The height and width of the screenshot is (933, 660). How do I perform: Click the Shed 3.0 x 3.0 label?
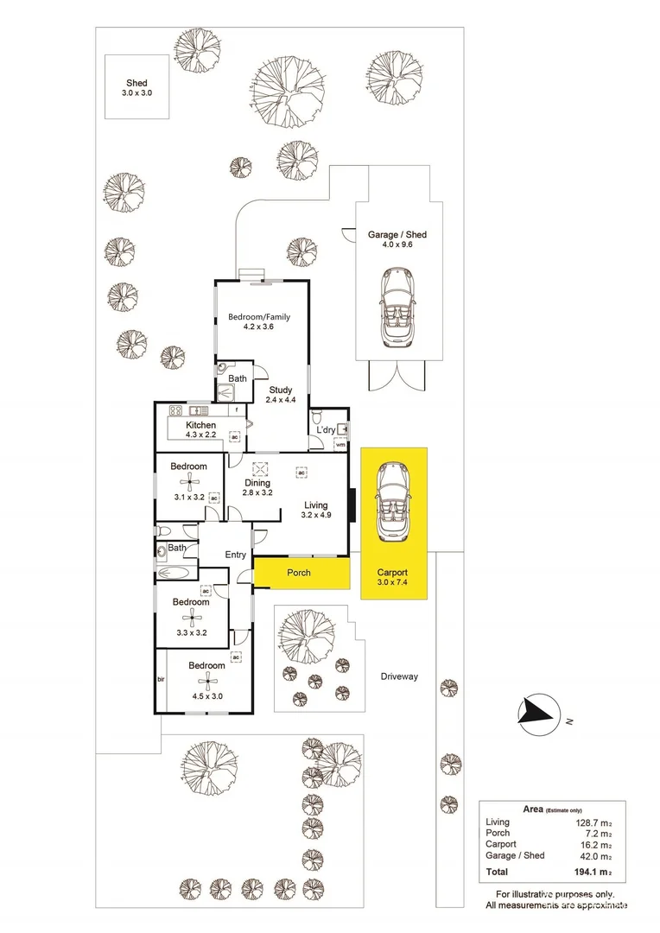136,87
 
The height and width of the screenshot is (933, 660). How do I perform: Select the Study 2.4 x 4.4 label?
278,394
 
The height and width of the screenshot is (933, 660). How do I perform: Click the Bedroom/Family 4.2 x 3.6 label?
258,322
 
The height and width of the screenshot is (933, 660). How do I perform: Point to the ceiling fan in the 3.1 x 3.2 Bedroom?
191,486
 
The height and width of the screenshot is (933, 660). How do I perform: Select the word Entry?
235,555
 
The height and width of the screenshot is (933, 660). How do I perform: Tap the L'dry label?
326,429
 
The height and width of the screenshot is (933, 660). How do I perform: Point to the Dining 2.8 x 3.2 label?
258,488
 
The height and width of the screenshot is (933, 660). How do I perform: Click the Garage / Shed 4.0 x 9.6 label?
397,240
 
